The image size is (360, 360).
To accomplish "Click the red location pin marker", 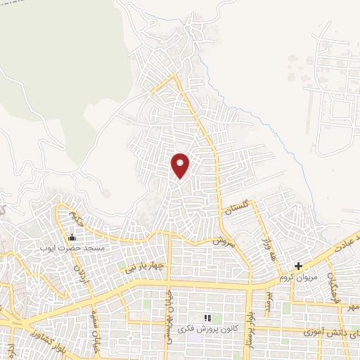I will [181, 165].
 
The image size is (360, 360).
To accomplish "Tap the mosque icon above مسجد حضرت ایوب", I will [70, 238].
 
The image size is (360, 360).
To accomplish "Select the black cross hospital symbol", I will [299, 266].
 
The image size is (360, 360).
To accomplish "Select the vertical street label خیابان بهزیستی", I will [169, 316].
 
